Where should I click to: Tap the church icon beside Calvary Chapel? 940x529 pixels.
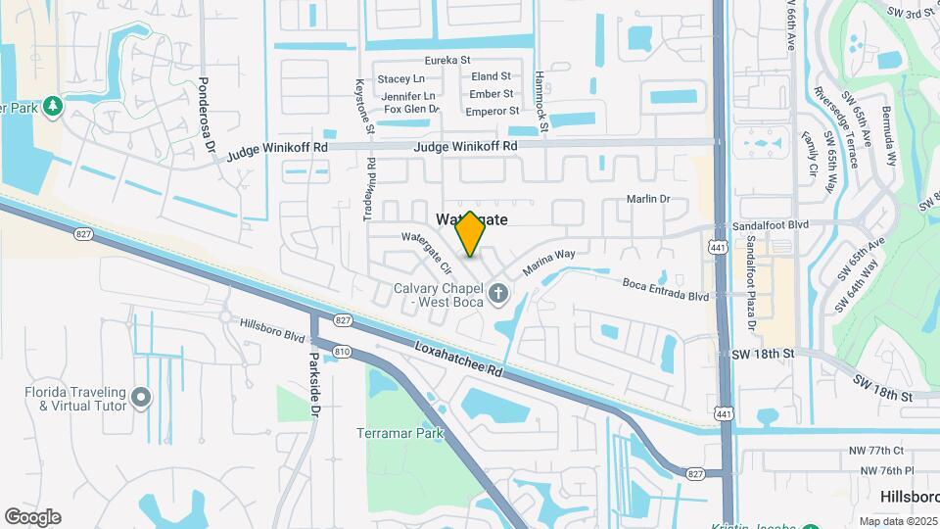click(498, 293)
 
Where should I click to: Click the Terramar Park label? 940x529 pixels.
click(401, 433)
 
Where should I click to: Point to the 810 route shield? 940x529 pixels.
click(342, 351)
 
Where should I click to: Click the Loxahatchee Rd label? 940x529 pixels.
click(458, 359)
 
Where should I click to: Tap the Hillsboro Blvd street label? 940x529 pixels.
click(273, 329)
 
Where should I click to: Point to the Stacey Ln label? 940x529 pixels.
click(401, 78)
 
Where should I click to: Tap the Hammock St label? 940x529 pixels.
click(540, 100)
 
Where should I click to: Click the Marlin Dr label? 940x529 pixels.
click(648, 200)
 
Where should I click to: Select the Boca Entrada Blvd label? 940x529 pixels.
click(665, 290)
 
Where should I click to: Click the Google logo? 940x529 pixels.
click(32, 517)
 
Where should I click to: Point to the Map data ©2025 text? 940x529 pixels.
click(898, 521)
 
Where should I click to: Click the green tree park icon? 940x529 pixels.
click(51, 104)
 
